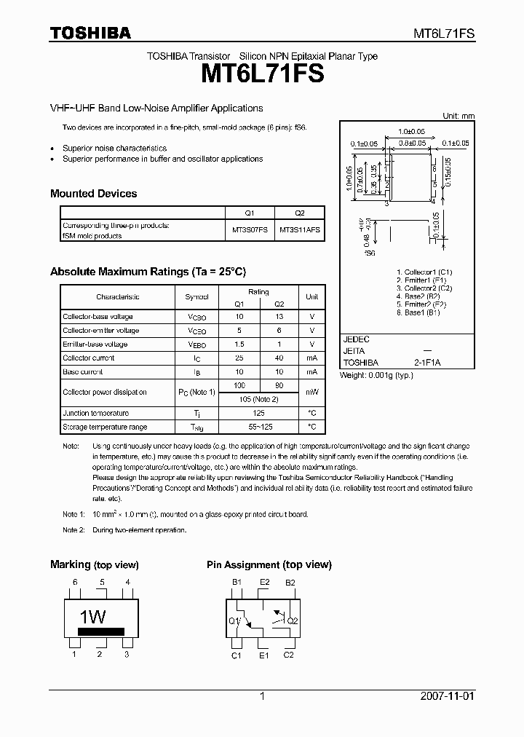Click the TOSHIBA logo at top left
[90, 33]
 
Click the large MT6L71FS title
[261, 74]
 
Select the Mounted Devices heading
[93, 194]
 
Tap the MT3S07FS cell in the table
[250, 229]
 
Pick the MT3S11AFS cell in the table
[300, 229]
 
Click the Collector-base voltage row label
[98, 317]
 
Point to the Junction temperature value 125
[259, 414]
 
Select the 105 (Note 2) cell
[259, 399]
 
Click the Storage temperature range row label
[105, 427]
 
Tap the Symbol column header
[196, 297]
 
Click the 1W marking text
[92, 617]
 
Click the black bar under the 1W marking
[101, 631]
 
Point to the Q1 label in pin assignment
[234, 621]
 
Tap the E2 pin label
[264, 583]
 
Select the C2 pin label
[288, 655]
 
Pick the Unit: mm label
[458, 117]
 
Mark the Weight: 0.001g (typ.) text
[376, 375]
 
